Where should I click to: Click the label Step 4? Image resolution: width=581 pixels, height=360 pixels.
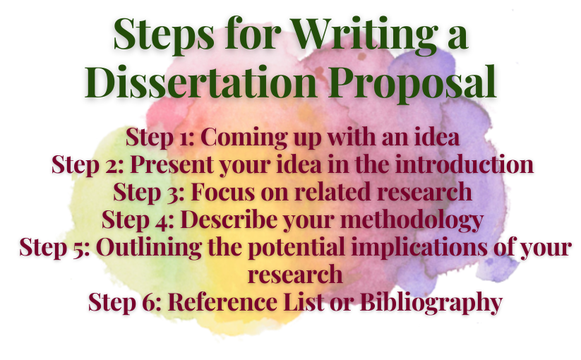tap(137, 220)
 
